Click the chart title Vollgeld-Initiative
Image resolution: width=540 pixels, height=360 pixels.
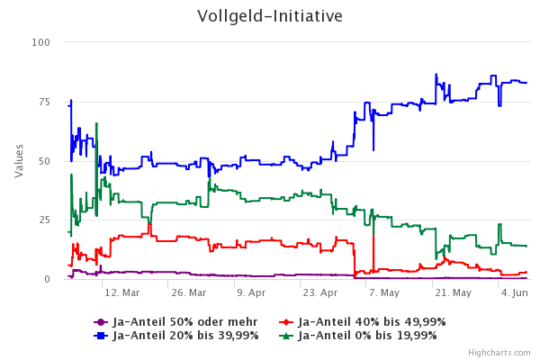point(270,17)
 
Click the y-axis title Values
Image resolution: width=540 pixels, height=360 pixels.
point(19,161)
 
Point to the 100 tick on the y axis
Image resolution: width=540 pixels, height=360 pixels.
point(41,42)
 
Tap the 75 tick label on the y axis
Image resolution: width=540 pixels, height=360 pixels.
point(44,102)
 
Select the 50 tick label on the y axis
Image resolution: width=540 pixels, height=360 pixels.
point(44,161)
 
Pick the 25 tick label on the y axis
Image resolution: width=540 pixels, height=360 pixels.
point(44,220)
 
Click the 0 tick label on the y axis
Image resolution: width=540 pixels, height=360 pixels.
point(47,280)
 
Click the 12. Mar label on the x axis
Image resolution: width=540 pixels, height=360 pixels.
point(121,293)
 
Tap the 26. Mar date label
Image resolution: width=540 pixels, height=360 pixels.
point(188,293)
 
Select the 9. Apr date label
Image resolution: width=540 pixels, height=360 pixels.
point(251,293)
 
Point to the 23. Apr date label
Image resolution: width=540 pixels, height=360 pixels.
point(320,293)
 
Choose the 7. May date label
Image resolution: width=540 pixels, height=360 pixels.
point(384,293)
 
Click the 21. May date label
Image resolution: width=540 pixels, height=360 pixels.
point(453,293)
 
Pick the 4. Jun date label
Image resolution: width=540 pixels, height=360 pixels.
point(515,293)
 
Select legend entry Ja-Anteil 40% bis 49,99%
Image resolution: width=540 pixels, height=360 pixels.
point(371,321)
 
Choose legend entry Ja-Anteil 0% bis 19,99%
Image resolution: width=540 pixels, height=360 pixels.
point(367,336)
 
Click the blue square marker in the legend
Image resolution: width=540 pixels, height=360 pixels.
point(101,336)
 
